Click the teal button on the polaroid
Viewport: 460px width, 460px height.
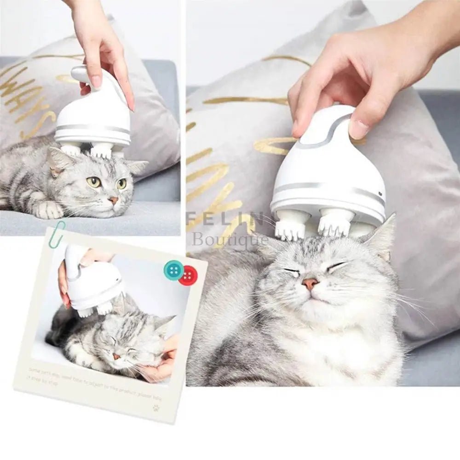(x=173, y=270)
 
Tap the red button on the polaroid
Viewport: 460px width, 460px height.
(x=188, y=276)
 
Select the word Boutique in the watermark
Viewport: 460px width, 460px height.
(x=230, y=240)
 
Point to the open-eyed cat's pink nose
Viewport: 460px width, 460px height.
(x=112, y=200)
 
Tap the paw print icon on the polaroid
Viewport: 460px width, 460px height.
(x=156, y=407)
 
